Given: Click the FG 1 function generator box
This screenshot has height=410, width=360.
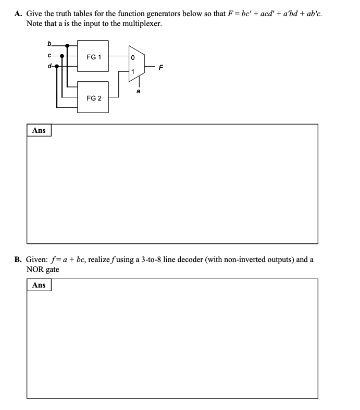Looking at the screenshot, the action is [94, 57].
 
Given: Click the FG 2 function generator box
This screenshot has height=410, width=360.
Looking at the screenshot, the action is [94, 98].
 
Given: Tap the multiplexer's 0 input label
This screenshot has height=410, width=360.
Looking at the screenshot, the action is [133, 57].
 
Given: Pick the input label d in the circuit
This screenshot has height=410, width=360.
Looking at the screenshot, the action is [49, 66].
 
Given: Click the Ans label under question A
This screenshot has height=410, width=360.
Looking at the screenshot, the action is [39, 130].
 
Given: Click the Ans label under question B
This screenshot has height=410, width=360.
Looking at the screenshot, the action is [39, 285].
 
